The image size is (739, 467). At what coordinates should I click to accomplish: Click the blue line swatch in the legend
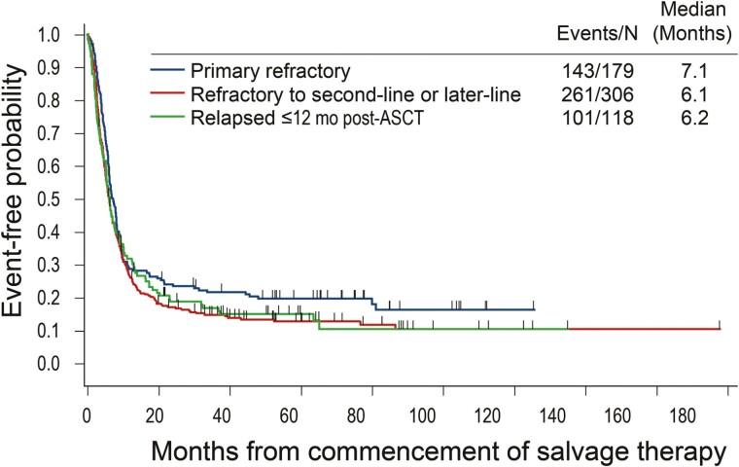coord(168,70)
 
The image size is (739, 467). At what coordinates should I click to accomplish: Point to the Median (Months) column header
coord(685,21)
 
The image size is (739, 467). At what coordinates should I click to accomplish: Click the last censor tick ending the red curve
coord(720,324)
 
